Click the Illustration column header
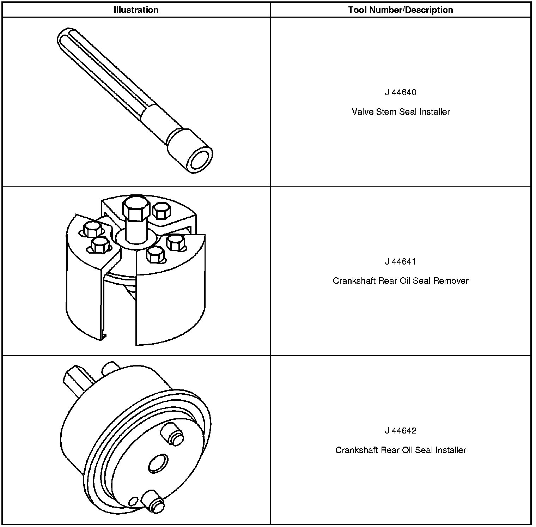136,10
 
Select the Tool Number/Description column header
401,10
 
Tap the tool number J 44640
401,92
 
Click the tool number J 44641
401,262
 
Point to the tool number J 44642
401,431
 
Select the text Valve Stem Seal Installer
401,112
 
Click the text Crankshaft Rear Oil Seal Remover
401,281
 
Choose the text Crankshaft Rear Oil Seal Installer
401,450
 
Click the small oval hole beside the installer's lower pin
133,501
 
